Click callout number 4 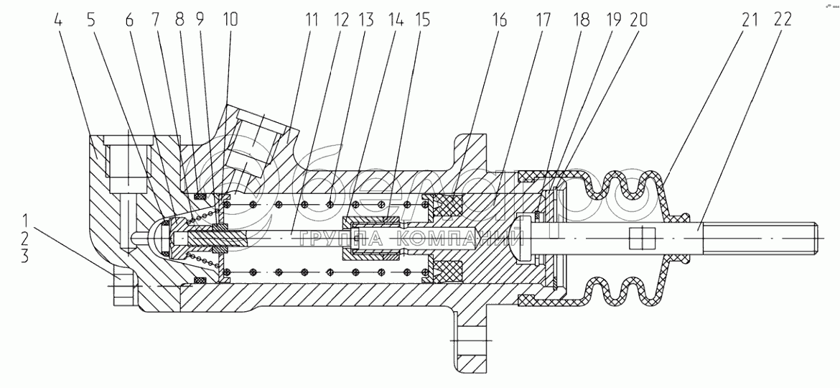(x=58, y=20)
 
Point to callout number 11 (x=311, y=20)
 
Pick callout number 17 (x=541, y=20)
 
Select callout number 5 (x=90, y=20)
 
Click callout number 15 (x=421, y=20)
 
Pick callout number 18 (x=579, y=20)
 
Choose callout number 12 (x=341, y=20)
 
